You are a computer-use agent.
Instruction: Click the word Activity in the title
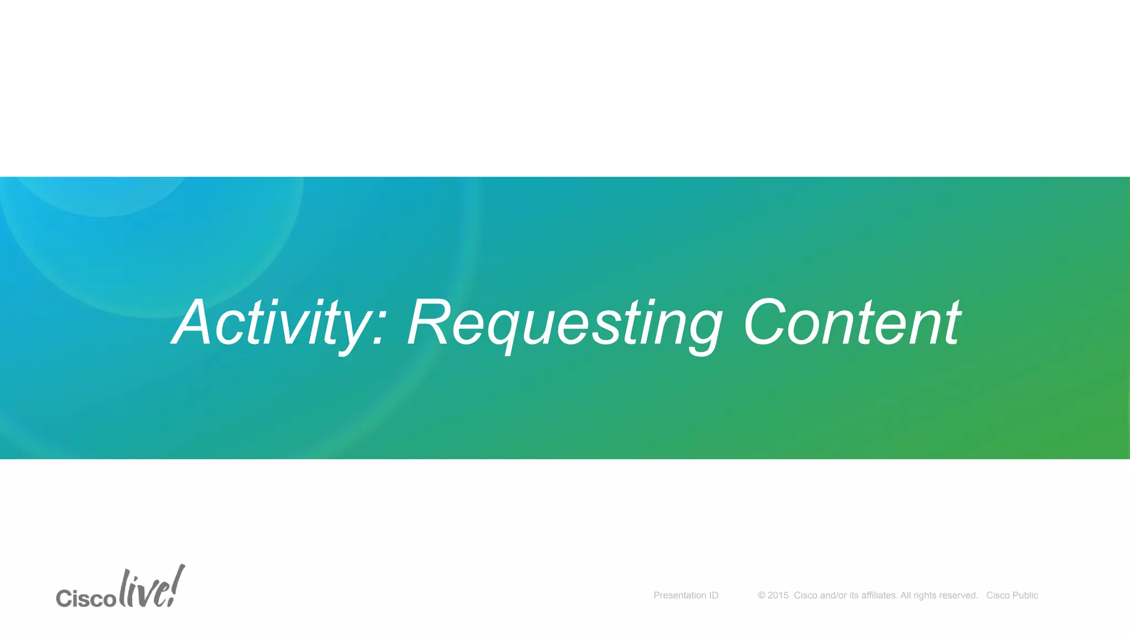pyautogui.click(x=270, y=323)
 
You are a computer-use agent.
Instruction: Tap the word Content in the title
pyautogui.click(x=852, y=323)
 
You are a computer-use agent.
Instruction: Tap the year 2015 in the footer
pyautogui.click(x=778, y=595)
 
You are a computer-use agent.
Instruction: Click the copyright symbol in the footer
pyautogui.click(x=761, y=595)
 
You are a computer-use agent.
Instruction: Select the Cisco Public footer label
pyautogui.click(x=1012, y=595)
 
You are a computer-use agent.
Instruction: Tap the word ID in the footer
pyautogui.click(x=713, y=595)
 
